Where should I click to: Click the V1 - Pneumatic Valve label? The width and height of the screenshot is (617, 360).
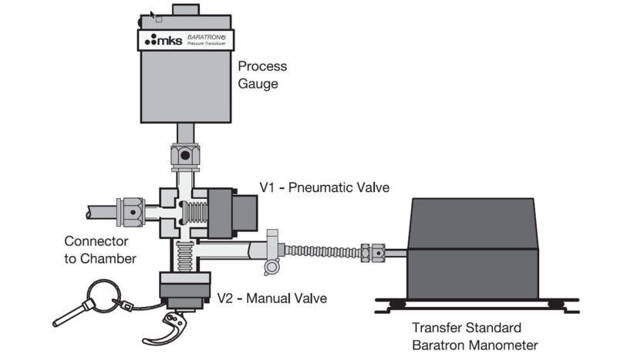[325, 187]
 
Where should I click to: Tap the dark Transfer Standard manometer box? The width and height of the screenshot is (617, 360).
[473, 247]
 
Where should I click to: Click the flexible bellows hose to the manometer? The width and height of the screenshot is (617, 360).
[323, 251]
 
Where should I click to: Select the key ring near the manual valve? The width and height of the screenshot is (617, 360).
[101, 292]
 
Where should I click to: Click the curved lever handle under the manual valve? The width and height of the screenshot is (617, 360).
[167, 329]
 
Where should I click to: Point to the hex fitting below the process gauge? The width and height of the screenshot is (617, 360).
[185, 156]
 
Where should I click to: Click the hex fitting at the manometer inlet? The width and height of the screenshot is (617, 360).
[377, 252]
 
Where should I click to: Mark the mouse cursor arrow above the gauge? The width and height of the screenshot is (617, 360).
[152, 15]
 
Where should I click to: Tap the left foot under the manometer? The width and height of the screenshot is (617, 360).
[398, 304]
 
